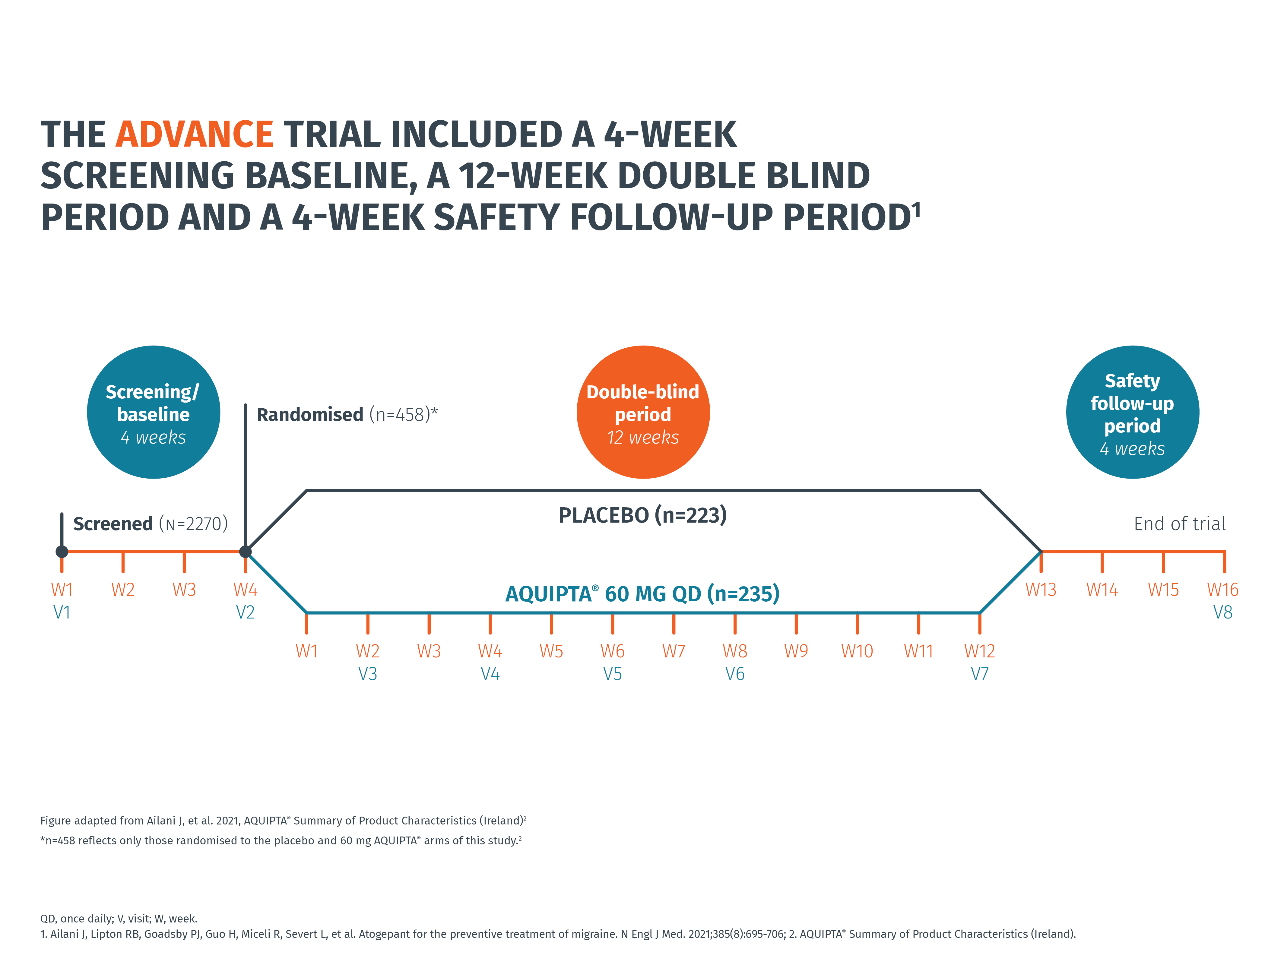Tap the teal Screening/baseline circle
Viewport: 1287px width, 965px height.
(x=154, y=413)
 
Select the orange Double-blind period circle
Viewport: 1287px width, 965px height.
(x=643, y=413)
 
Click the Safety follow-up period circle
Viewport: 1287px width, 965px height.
(x=1132, y=413)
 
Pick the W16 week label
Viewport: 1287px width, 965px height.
(x=1222, y=590)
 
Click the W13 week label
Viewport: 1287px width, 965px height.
(x=1040, y=590)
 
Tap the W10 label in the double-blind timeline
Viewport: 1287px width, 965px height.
(x=857, y=651)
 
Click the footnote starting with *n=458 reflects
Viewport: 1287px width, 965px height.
(x=281, y=840)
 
